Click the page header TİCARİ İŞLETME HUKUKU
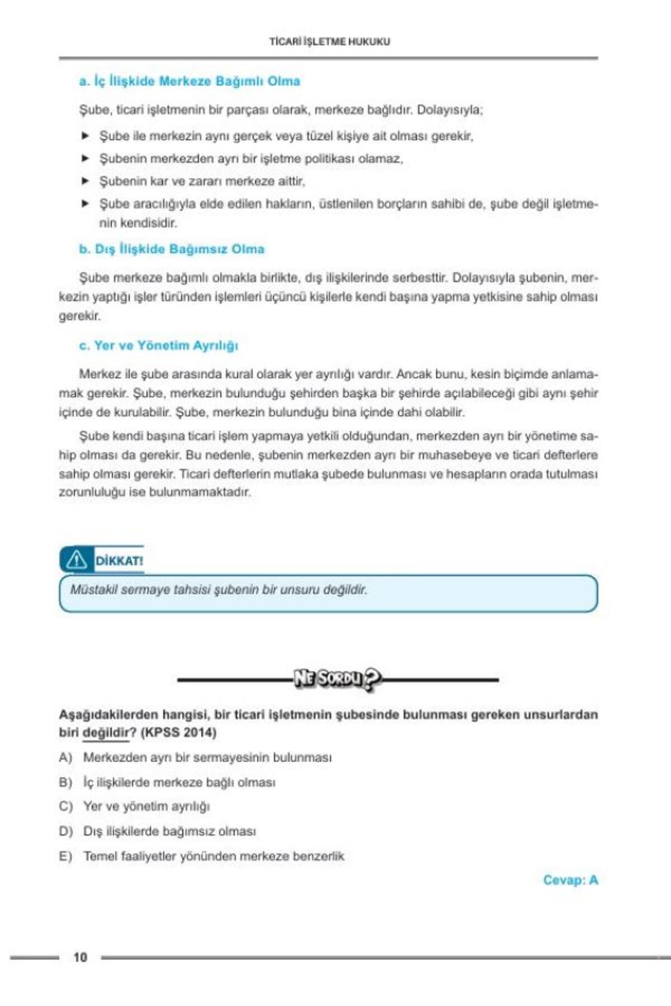(329, 41)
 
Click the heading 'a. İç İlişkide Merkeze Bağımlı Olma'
(190, 81)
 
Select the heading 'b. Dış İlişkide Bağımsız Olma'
(172, 249)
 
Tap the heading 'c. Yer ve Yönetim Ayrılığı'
(158, 345)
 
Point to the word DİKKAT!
(119, 561)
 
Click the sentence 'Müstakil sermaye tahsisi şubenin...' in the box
(219, 590)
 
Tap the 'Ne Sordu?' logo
(338, 679)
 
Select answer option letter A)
(65, 758)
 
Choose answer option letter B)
(65, 782)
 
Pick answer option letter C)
(65, 806)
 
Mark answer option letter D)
(65, 832)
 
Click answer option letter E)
(65, 856)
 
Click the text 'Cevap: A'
(570, 880)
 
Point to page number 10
(80, 957)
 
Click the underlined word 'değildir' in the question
(106, 733)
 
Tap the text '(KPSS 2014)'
(178, 733)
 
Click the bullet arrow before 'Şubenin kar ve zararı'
(86, 181)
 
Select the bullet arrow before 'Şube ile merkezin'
(86, 135)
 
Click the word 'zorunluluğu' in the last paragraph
(92, 493)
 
